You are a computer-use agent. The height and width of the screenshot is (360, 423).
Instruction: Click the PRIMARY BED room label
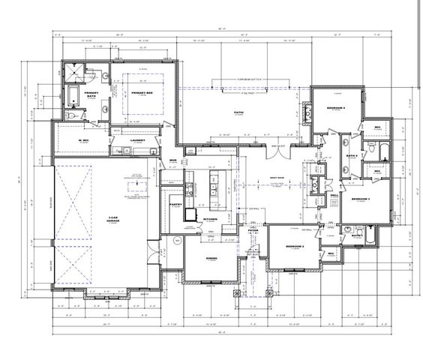point(141,94)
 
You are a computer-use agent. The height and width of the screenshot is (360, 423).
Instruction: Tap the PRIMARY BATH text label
point(91,94)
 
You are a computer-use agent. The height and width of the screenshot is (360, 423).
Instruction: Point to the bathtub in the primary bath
point(73,96)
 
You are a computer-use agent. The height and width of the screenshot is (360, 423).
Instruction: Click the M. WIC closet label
point(85,140)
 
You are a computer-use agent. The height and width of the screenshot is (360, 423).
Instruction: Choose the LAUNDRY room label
point(136,140)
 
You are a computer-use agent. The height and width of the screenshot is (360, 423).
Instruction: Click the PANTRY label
point(177,203)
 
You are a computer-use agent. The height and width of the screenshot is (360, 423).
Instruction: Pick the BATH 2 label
point(351,156)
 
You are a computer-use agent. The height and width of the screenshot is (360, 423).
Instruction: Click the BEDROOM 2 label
point(295,247)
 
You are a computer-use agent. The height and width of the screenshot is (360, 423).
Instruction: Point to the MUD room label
point(172,160)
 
